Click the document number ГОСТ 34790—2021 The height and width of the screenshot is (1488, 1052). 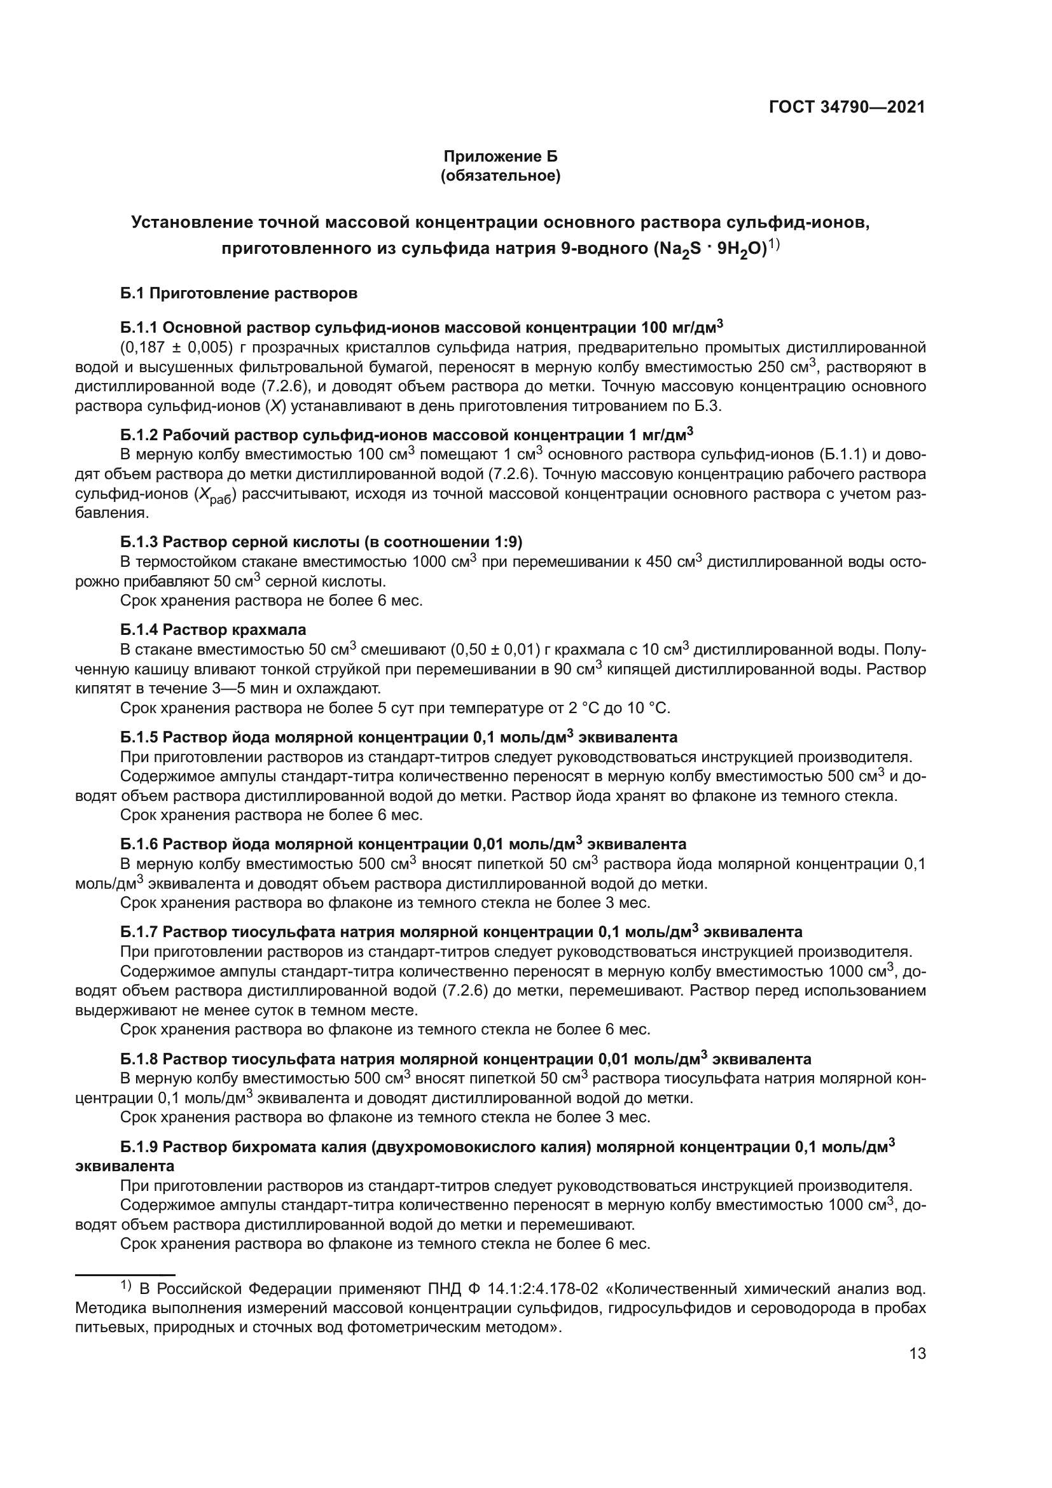click(847, 107)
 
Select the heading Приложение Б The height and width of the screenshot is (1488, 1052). click(500, 156)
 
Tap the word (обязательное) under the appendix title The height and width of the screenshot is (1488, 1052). click(500, 176)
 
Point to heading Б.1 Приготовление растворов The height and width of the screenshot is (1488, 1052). click(239, 293)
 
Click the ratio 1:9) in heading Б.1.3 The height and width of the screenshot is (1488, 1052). click(506, 541)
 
